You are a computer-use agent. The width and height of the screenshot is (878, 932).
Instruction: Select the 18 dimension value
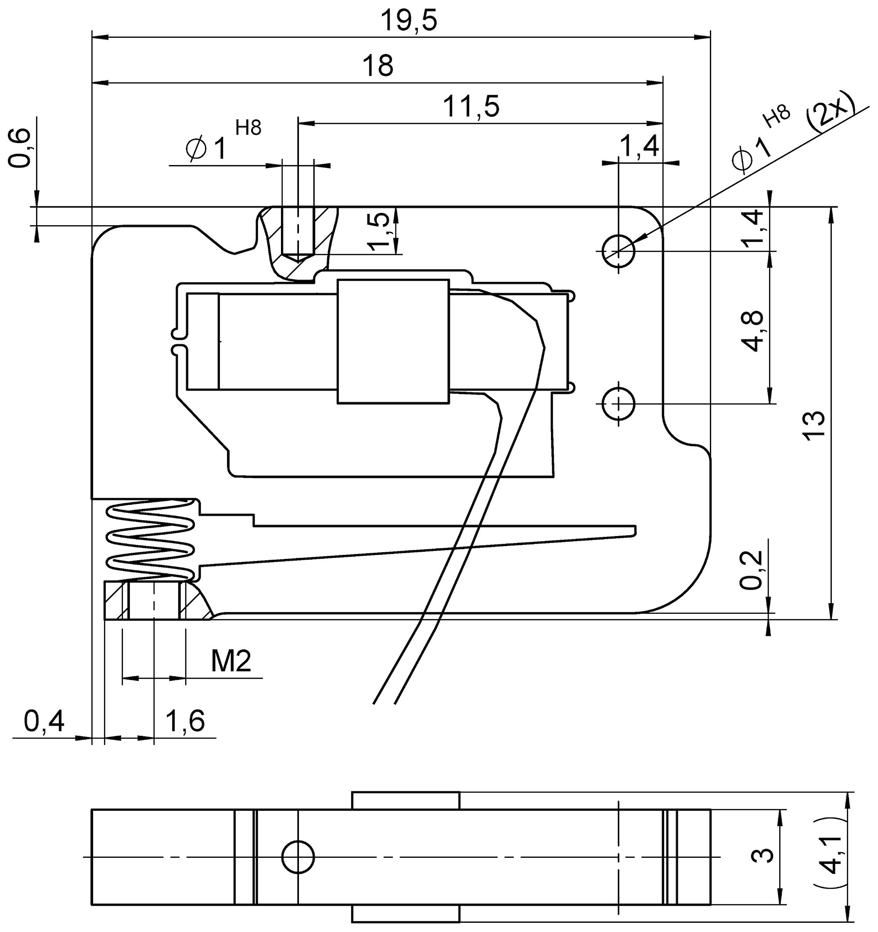[x=378, y=66]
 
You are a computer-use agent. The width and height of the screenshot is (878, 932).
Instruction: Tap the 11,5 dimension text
[x=471, y=107]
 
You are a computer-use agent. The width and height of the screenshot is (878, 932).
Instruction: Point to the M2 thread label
[x=231, y=662]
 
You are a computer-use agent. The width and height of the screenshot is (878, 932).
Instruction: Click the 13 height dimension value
[x=814, y=426]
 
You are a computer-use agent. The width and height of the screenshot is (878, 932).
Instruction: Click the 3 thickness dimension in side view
[x=762, y=856]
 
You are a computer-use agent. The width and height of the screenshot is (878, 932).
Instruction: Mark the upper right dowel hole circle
[x=619, y=251]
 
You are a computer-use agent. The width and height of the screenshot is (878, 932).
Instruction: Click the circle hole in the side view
[x=298, y=856]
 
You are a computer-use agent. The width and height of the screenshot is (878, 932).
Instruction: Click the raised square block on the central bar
[x=393, y=341]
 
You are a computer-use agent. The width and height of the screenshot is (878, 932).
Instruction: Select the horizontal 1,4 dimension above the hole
[x=640, y=146]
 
